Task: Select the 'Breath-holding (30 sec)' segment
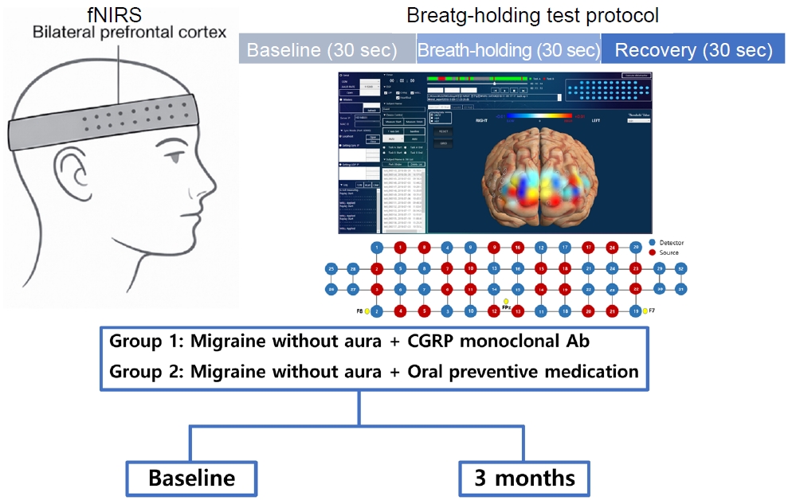508,49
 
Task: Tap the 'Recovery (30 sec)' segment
693,49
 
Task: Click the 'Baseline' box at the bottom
191,478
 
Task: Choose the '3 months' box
524,478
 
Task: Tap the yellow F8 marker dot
367,311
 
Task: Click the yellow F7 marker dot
645,311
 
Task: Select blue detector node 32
681,270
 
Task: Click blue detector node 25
331,270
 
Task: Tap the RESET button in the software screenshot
444,131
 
